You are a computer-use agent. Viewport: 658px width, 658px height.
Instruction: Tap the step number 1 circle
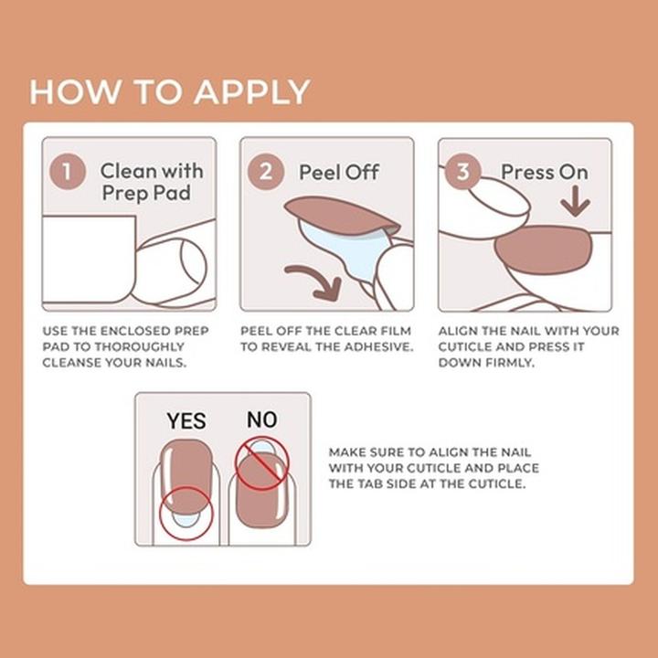tap(67, 172)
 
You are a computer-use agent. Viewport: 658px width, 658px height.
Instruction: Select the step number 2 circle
tap(265, 172)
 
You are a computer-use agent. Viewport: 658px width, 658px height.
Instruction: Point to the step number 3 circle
tap(463, 172)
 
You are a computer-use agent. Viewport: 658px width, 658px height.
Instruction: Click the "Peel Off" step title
tap(338, 172)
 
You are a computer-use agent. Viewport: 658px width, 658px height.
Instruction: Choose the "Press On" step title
tap(544, 172)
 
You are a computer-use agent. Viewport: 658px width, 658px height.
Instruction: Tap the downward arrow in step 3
tap(575, 202)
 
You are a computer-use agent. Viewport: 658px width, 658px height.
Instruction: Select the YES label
tap(186, 421)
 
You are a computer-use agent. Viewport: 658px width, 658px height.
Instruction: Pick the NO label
tap(261, 420)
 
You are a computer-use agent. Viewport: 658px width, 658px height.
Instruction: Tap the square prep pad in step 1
tap(88, 260)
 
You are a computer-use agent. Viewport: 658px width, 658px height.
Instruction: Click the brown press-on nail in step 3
tap(543, 249)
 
